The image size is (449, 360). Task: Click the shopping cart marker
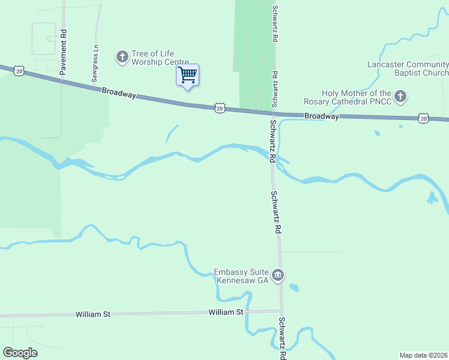187,76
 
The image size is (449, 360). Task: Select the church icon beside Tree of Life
122,57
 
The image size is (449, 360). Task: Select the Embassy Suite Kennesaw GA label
241,276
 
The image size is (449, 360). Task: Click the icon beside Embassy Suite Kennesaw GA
277,276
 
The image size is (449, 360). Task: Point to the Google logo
20,353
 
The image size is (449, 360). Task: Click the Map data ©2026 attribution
423,355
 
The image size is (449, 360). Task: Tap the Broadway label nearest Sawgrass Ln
119,94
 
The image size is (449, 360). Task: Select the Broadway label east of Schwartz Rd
321,116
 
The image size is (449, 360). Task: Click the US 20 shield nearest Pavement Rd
19,71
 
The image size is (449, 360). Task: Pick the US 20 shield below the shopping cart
220,108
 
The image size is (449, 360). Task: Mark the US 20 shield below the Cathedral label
424,118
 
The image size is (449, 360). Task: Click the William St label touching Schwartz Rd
226,312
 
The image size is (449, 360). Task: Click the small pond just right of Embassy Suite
294,287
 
